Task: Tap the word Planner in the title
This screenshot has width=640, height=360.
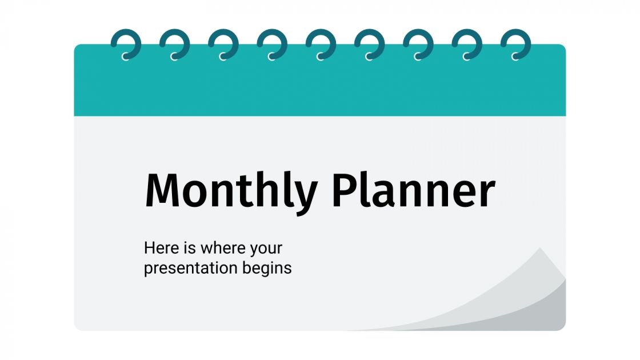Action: [413, 190]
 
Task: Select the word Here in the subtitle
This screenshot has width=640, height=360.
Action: [157, 249]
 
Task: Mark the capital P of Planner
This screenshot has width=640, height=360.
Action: [345, 190]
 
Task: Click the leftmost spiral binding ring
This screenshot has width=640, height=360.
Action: [126, 45]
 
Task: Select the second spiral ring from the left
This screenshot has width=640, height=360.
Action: [174, 45]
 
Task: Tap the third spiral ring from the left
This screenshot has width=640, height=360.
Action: [223, 45]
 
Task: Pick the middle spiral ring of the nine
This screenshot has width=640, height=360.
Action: [321, 45]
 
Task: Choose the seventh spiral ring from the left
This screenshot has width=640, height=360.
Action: [418, 45]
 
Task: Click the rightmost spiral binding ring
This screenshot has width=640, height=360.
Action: [515, 45]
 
